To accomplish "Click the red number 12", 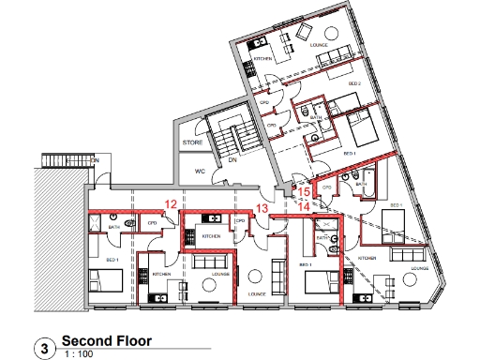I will (170, 203).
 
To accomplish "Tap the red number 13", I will (262, 208).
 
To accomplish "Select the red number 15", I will (304, 191).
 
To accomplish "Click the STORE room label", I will (193, 142).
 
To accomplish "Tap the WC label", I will (200, 172).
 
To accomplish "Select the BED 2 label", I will (355, 83).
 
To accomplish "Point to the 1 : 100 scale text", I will (79, 354).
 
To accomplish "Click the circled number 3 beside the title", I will (42, 348).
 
